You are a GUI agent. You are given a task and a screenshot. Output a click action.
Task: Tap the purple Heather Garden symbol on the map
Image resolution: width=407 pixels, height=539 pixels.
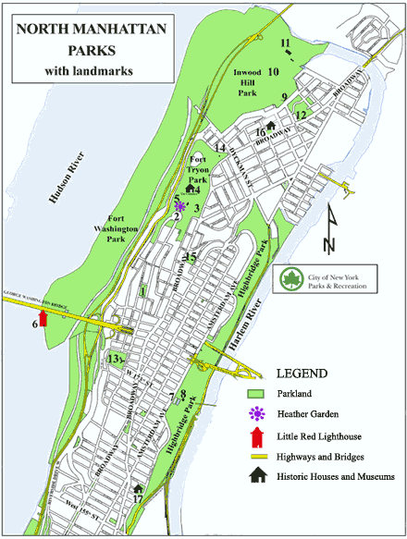point(179,206)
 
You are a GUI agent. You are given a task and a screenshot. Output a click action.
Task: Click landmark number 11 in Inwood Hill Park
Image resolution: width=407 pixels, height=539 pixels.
point(286,43)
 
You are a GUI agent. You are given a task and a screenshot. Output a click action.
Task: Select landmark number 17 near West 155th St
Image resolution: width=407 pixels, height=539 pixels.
point(138,500)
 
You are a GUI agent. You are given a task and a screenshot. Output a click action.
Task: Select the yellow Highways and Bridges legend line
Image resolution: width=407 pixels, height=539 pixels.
point(258,457)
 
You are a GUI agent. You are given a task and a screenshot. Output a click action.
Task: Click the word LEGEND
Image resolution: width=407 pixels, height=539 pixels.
point(302,374)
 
